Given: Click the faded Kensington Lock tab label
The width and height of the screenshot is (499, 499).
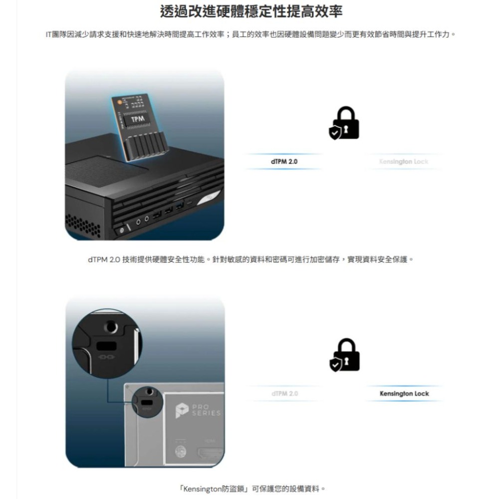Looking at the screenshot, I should click(404, 162).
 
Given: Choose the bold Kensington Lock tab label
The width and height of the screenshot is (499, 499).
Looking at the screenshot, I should click(404, 394).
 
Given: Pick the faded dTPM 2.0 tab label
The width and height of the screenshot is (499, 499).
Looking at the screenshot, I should click(283, 394).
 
